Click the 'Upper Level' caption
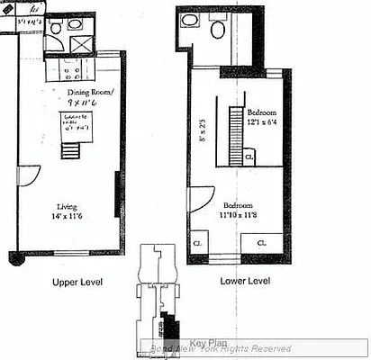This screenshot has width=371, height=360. (x=77, y=283)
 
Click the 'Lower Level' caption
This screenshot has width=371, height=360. (x=245, y=281)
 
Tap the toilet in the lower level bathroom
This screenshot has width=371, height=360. (x=216, y=30)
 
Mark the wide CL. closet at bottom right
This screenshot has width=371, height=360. (x=259, y=241)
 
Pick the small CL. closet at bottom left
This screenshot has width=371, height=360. (x=197, y=241)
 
